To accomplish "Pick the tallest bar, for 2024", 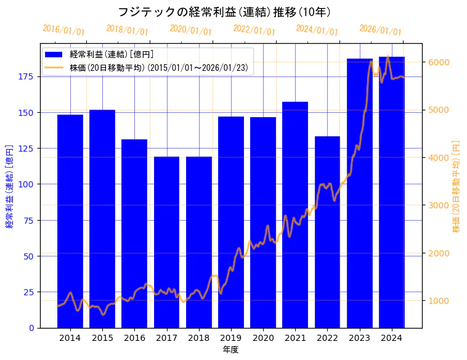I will pos(392,192).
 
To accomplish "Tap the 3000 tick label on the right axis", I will pos(439,205).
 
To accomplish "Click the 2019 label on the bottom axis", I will pos(231,338).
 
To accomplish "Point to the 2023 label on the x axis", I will pos(360,338).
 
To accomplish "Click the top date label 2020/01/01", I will pos(190,30).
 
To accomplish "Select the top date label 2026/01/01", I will pos(380,30).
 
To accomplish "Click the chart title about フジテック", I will pos(225,12).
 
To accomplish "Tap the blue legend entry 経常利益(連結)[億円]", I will pos(112,55).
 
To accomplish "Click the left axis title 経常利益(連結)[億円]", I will pos(9,186).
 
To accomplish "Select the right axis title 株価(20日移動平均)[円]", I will pos(456,186).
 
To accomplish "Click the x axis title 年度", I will pos(230,350).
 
